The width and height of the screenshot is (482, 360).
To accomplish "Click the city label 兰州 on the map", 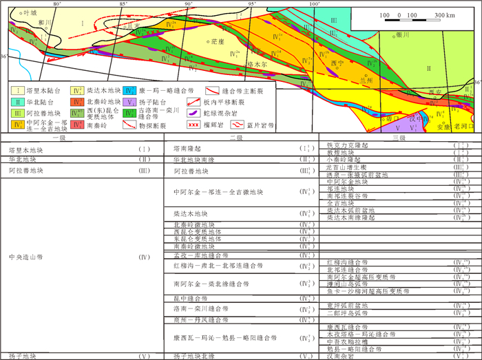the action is pyautogui.click(x=375, y=79).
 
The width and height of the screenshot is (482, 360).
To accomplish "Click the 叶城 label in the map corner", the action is pyautogui.click(x=30, y=12).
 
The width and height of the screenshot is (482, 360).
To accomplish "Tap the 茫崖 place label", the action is pyautogui.click(x=218, y=41).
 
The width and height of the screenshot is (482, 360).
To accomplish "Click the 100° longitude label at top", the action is pyautogui.click(x=314, y=3).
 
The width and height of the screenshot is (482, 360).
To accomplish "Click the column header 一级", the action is pyautogui.click(x=78, y=138).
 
